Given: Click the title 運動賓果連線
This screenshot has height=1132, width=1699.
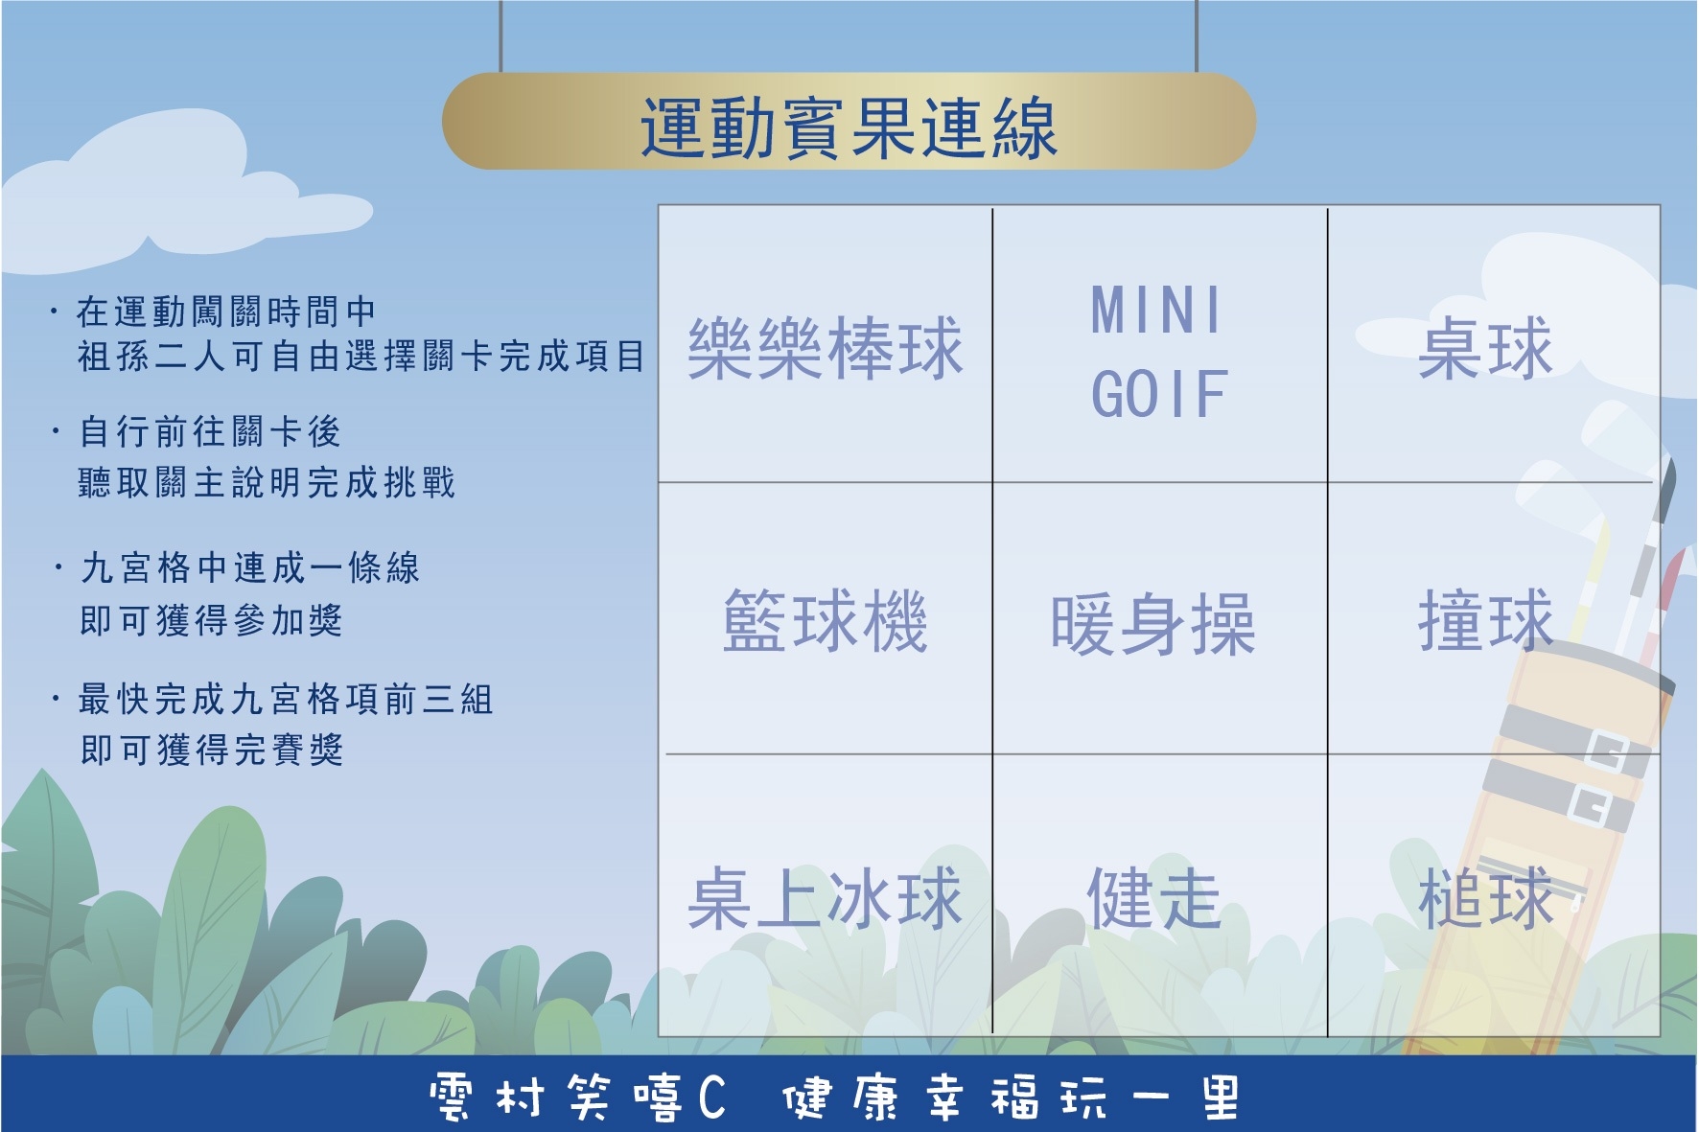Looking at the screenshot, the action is click(x=849, y=126).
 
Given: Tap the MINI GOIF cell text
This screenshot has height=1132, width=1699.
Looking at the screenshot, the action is click(x=1158, y=352).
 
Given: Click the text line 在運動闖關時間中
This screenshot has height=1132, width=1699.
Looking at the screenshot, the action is click(x=226, y=312).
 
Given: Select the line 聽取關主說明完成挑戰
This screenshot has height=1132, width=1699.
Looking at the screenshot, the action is click(x=268, y=482).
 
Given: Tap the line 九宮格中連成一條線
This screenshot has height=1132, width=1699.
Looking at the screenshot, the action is click(x=250, y=568).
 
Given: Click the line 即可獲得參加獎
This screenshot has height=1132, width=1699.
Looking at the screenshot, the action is click(x=212, y=620).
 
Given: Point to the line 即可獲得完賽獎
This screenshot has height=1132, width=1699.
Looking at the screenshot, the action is click(x=212, y=750).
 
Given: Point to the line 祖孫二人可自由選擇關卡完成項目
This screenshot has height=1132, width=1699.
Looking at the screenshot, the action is click(x=361, y=357).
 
